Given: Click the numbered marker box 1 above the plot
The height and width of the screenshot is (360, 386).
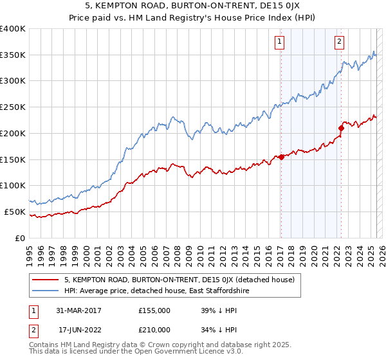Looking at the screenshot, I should (x=280, y=42).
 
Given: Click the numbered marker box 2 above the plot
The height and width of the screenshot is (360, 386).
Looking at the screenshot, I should (x=339, y=42).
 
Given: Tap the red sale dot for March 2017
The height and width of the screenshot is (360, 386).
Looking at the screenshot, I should (x=282, y=157).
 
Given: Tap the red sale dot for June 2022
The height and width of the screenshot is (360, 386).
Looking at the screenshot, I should (x=341, y=128).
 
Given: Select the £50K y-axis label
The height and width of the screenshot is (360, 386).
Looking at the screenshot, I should (x=15, y=212).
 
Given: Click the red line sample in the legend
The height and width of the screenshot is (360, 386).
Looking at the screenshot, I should (x=45, y=280).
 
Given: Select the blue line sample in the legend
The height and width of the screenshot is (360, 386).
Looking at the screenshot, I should (x=45, y=291).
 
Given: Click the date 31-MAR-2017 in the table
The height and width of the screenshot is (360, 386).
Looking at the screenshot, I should (x=80, y=310).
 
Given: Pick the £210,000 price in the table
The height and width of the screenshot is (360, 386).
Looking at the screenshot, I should (x=154, y=329).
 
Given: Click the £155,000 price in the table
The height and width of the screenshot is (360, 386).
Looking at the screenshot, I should (x=154, y=310).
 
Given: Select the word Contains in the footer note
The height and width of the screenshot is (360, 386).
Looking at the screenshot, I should (x=45, y=345).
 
